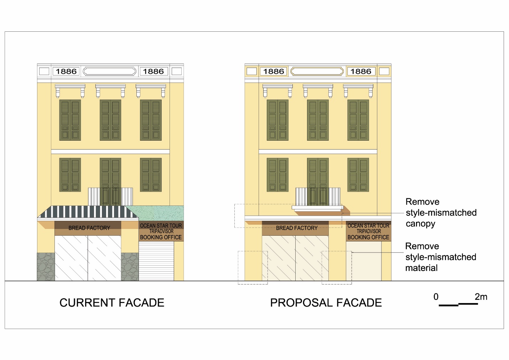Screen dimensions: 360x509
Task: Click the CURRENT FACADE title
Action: [112, 303]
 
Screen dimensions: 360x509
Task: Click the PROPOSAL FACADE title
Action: [326, 303]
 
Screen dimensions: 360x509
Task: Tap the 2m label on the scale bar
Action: [481, 297]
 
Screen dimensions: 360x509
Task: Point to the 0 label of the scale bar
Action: [436, 297]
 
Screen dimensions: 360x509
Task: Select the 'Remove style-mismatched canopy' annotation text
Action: [441, 213]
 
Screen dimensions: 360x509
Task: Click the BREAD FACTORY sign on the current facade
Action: [89, 228]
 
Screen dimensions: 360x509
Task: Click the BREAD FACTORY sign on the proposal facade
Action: [296, 228]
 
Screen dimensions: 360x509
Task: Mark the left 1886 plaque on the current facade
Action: [66, 71]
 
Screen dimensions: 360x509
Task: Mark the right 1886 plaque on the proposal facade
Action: [361, 71]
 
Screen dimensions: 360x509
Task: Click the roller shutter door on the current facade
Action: [156, 261]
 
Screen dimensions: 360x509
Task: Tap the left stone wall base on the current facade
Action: [46, 267]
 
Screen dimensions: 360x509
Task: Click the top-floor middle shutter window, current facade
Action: [110, 120]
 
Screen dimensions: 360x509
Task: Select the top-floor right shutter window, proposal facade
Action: [358, 120]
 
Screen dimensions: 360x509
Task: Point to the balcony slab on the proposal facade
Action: [317, 208]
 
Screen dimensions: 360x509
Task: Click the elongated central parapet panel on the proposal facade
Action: [317, 71]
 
